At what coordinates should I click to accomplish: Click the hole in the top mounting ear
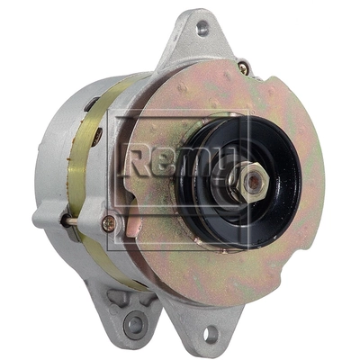(x=202, y=28)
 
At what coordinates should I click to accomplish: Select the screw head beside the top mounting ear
(x=243, y=68)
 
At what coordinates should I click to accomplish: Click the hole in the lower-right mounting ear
(x=211, y=333)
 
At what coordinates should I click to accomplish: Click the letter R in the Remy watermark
(x=137, y=162)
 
